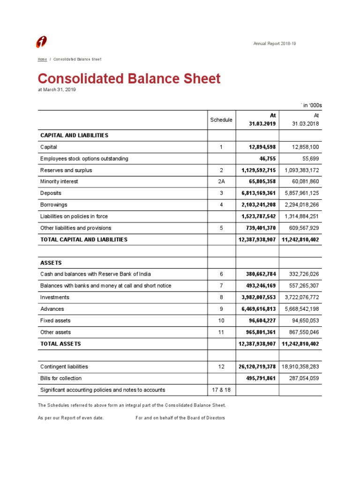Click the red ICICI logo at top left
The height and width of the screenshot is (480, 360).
click(41, 42)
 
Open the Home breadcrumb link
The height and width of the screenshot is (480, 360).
click(42, 60)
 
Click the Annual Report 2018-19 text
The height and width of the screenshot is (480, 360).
click(274, 44)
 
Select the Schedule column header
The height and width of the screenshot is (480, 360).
click(221, 120)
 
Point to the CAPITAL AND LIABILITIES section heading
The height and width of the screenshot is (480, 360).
click(74, 135)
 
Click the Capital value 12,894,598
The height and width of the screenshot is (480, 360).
click(262, 147)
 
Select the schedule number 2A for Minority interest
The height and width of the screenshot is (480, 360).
click(221, 181)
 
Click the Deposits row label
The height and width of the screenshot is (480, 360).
click(51, 193)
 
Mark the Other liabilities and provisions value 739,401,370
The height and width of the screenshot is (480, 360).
click(258, 228)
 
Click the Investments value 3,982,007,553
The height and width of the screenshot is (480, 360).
click(258, 297)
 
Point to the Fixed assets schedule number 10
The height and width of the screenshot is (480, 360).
click(221, 321)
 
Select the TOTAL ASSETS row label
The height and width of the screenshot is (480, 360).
click(60, 344)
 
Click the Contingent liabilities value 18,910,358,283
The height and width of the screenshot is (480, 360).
click(300, 367)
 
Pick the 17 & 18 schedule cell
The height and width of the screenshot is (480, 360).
click(221, 390)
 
